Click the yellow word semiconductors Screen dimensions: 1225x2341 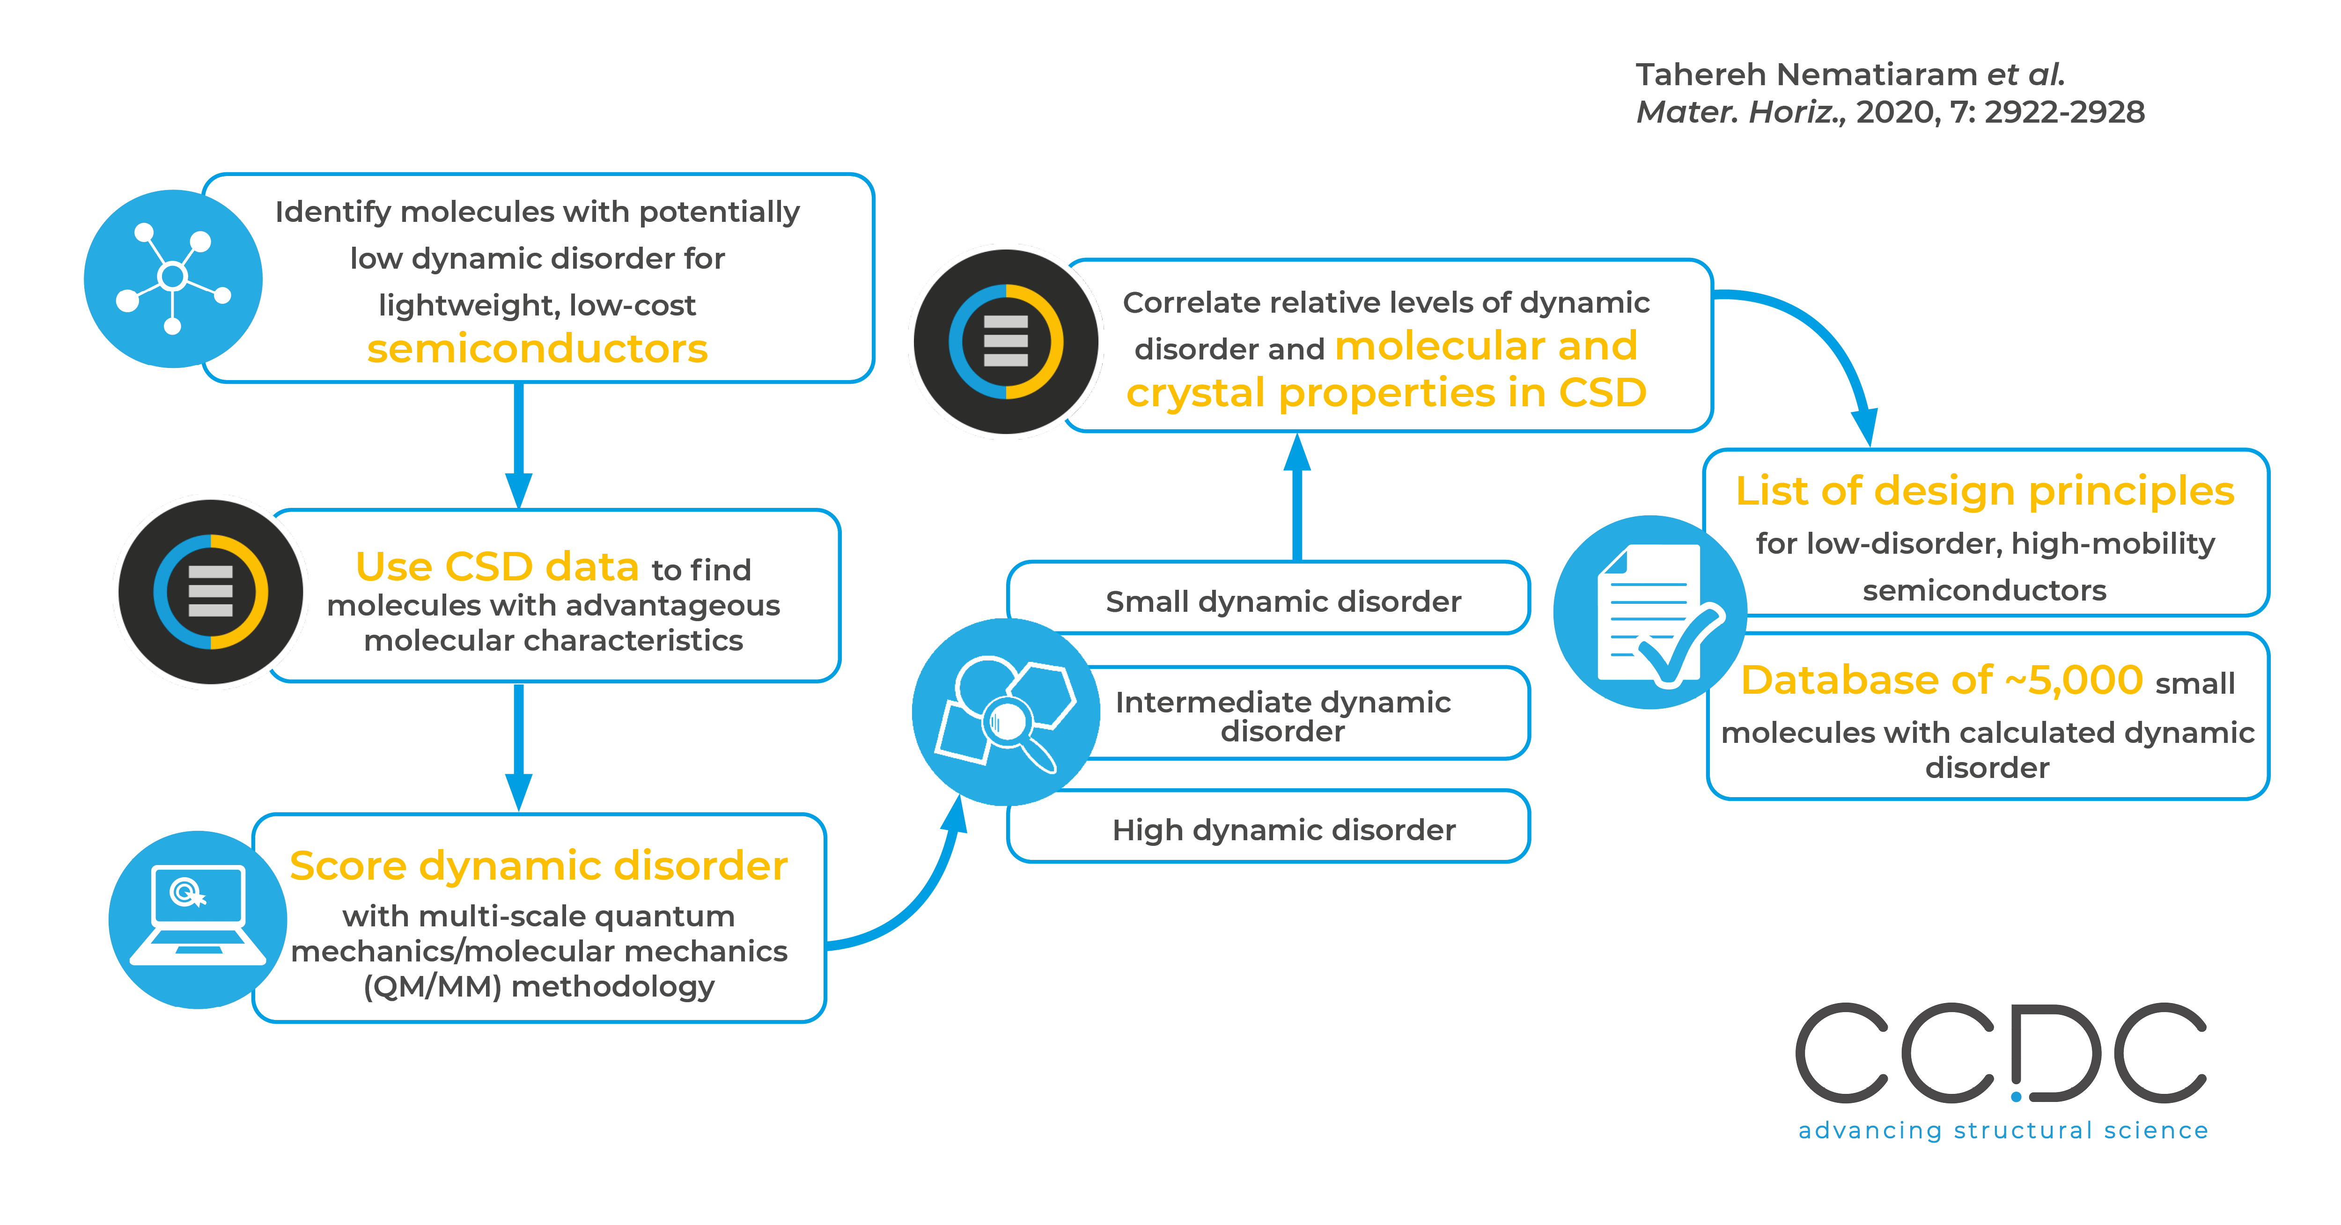537,349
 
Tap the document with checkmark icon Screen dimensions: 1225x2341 1649,612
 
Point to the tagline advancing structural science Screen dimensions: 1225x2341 2003,1130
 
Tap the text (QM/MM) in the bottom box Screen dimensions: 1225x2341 432,987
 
